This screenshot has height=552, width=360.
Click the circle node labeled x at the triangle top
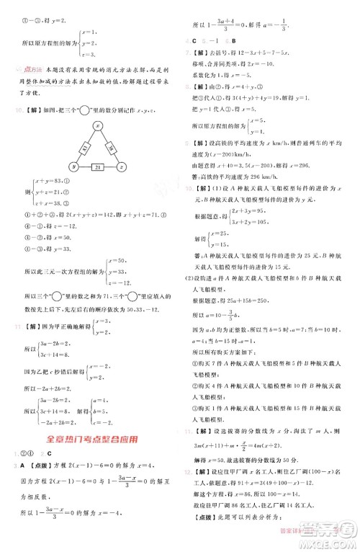pyautogui.click(x=96, y=126)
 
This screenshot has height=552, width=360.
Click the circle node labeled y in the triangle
pyautogui.click(x=72, y=167)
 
